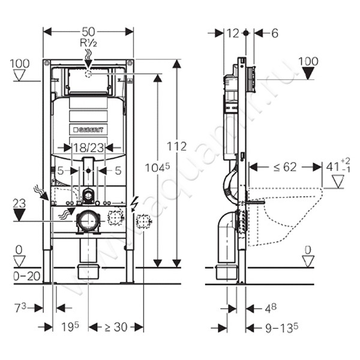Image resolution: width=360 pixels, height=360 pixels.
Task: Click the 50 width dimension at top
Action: click(x=89, y=31)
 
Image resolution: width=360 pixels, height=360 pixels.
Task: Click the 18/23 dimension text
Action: click(x=88, y=147)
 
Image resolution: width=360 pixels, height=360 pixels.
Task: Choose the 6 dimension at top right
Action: click(x=274, y=34)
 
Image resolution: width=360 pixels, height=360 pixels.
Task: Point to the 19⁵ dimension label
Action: click(x=71, y=327)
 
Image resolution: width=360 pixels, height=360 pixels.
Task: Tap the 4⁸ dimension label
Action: click(x=271, y=308)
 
